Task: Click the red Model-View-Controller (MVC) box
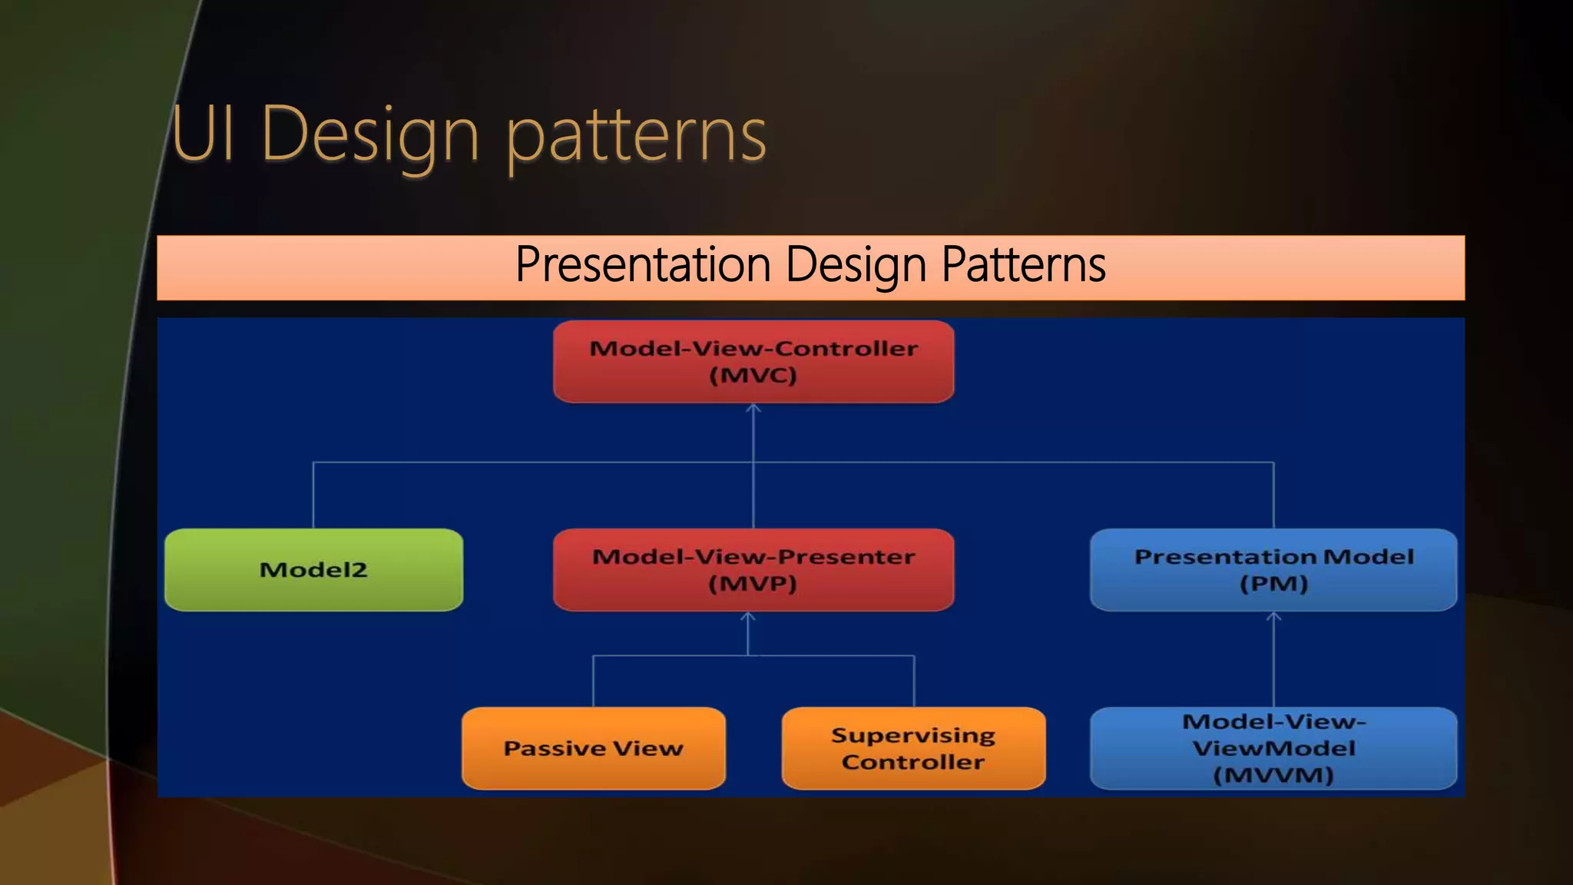[753, 361]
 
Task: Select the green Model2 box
[313, 569]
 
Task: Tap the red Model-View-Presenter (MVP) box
[753, 569]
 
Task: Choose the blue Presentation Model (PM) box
[1273, 569]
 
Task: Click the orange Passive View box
[593, 747]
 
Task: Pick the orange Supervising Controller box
[913, 747]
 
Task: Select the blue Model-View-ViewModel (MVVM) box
[1273, 747]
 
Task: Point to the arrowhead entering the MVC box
[753, 409]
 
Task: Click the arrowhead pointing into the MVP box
[748, 617]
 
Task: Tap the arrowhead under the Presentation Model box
[1273, 617]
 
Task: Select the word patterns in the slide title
[636, 137]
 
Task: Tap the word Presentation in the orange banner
[642, 264]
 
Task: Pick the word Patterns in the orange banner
[1023, 264]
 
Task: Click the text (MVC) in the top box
[753, 376]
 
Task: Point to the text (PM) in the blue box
[1273, 584]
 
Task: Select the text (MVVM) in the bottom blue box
[1273, 774]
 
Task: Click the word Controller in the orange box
[913, 762]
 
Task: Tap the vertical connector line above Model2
[313, 496]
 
